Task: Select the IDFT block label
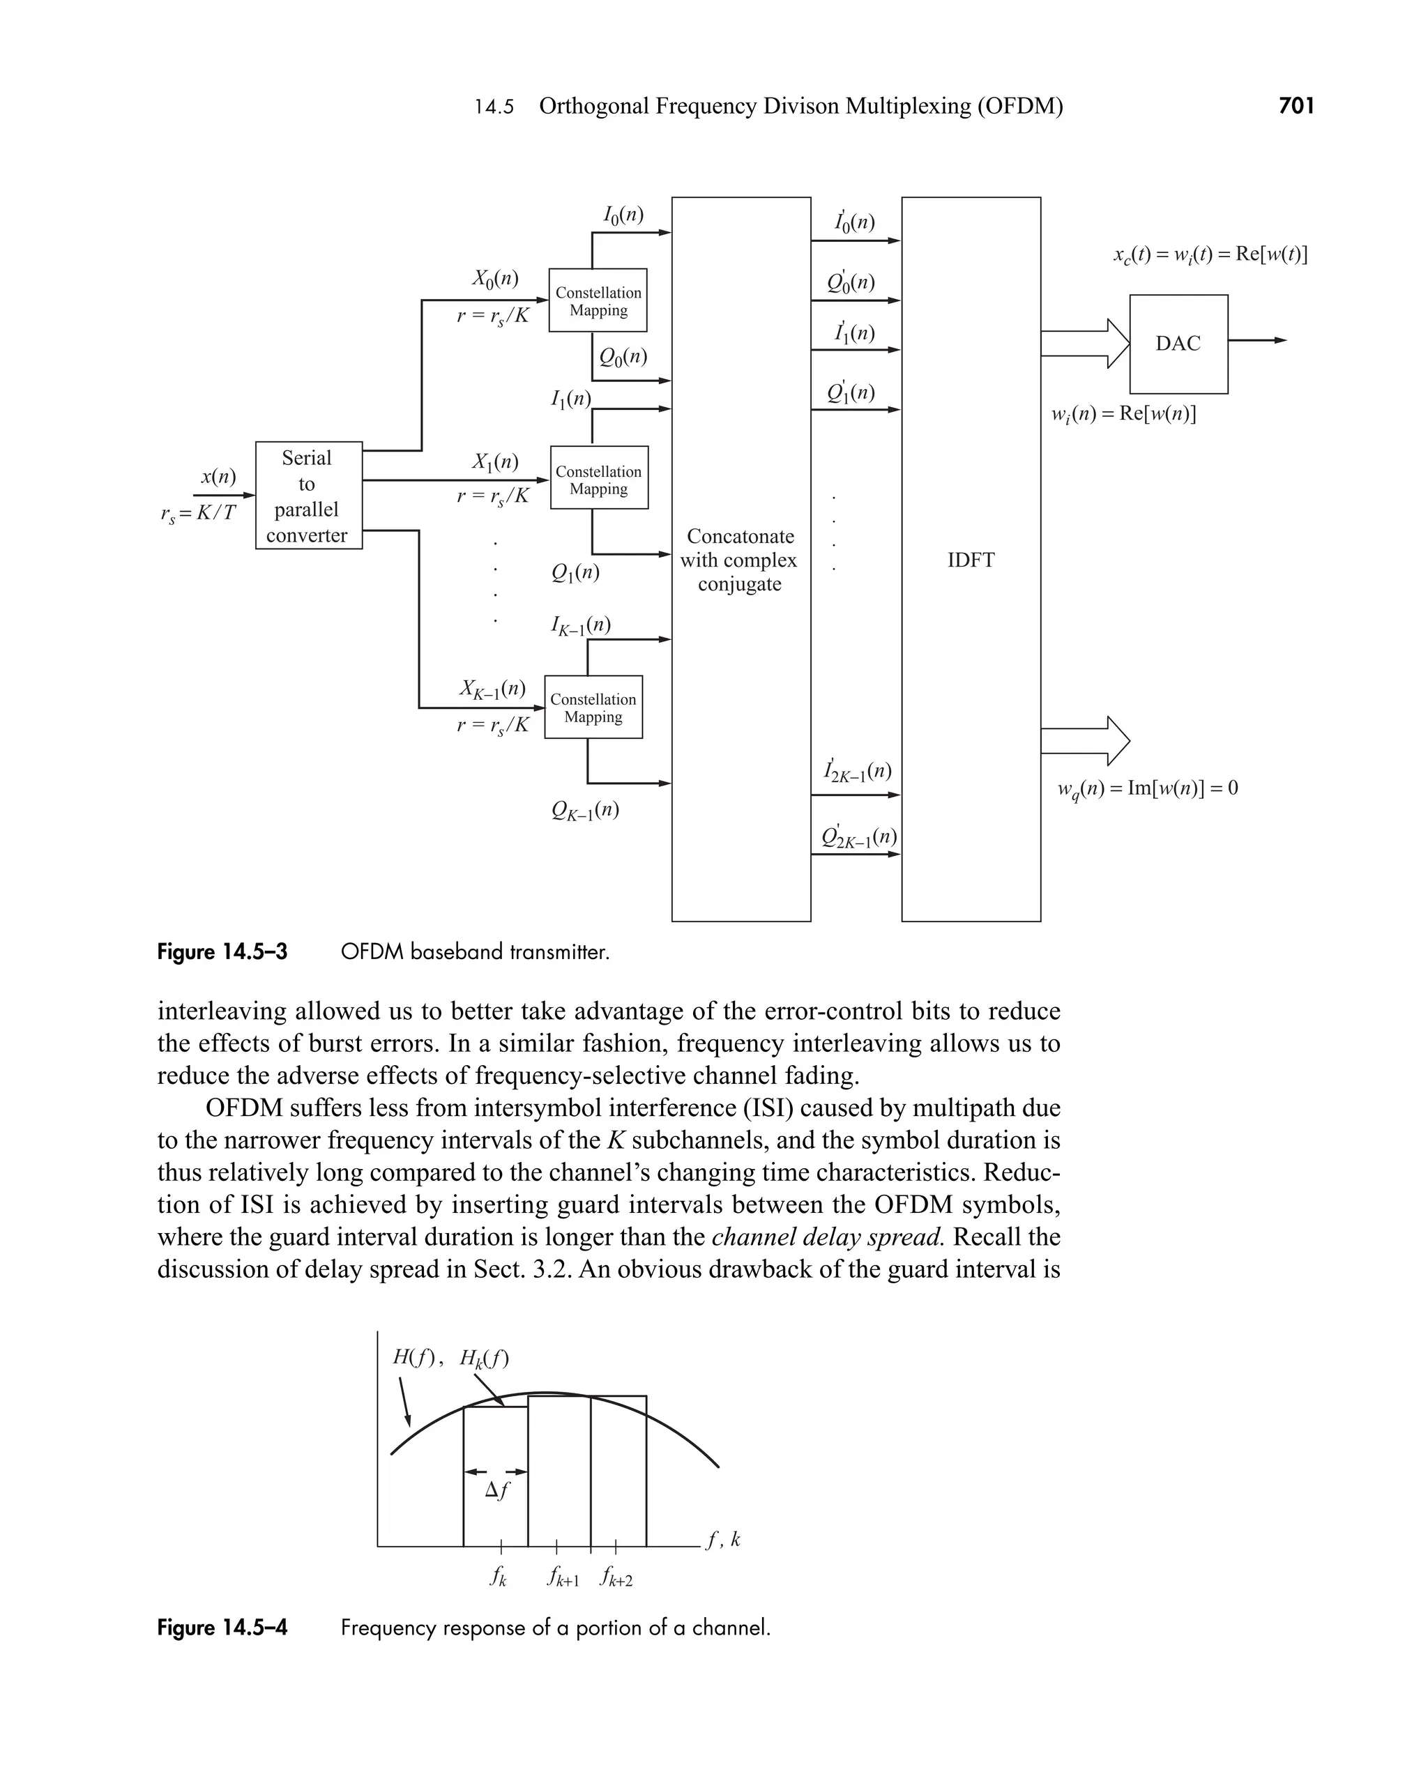[971, 560]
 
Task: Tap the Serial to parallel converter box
[308, 495]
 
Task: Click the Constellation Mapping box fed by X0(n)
[598, 301]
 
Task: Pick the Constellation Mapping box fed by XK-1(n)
[593, 707]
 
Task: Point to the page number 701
[1296, 106]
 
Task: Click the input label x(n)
[219, 476]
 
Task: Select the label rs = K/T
[198, 514]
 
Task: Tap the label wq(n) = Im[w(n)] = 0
[1148, 789]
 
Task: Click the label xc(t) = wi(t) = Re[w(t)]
[1210, 254]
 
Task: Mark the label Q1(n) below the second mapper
[576, 572]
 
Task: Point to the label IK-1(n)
[581, 626]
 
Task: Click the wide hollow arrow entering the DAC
[1084, 344]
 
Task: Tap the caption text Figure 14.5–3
[222, 952]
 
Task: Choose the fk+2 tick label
[616, 1576]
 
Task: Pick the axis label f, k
[723, 1539]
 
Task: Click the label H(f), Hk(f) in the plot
[450, 1358]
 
